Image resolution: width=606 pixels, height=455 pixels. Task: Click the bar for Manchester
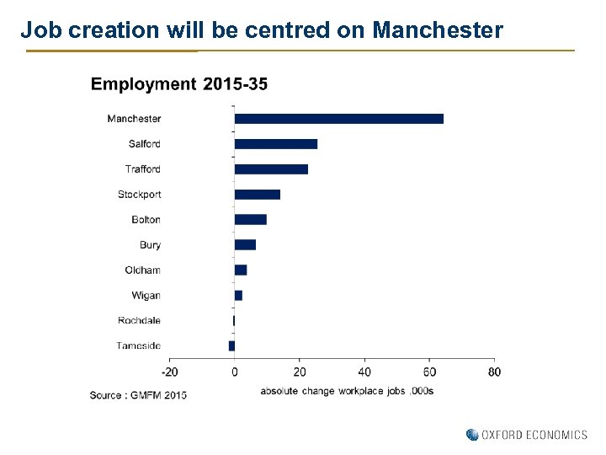tap(338, 119)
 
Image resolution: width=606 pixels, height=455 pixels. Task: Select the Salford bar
tap(275, 144)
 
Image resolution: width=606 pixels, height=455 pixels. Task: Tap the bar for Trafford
tap(271, 169)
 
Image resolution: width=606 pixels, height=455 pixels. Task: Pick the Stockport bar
tap(257, 195)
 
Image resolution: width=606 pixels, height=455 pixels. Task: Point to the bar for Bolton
tap(250, 220)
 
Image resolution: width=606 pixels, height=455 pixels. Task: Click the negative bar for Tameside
tap(231, 345)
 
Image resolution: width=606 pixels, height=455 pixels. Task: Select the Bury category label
tap(150, 245)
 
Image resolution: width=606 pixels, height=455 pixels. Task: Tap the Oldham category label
tap(142, 270)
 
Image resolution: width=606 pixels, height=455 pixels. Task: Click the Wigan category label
tap(146, 296)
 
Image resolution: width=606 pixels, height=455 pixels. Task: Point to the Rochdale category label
tap(139, 321)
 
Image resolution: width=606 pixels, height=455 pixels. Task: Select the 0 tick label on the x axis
tap(234, 372)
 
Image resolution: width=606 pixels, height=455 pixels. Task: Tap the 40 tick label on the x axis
tap(364, 372)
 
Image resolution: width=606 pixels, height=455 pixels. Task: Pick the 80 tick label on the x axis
tap(494, 372)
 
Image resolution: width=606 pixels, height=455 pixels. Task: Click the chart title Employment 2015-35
tap(179, 83)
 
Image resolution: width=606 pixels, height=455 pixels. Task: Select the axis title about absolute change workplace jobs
tap(347, 391)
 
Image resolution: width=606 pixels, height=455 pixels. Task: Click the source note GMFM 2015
tap(138, 395)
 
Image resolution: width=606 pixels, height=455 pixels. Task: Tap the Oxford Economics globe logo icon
tap(472, 435)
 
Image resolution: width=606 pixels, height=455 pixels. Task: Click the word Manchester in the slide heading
tap(438, 31)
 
